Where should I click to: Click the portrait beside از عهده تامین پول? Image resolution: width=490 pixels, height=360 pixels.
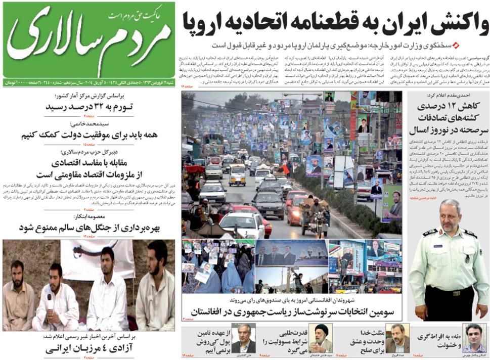(244, 338)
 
